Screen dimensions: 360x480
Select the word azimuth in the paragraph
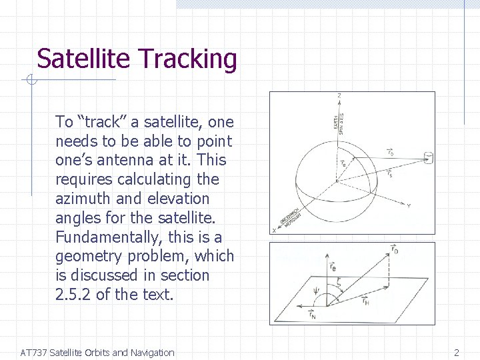[x=82, y=199]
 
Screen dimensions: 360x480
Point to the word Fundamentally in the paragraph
[x=106, y=237]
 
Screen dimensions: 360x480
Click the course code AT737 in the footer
[x=34, y=353]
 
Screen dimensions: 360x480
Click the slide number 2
[x=457, y=353]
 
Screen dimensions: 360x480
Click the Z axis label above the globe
[x=340, y=96]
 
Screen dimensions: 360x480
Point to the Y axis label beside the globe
[x=408, y=205]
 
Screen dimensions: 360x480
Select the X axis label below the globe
[x=274, y=230]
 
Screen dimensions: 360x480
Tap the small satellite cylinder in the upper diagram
[x=428, y=158]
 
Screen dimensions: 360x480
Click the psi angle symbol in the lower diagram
[x=298, y=291]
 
